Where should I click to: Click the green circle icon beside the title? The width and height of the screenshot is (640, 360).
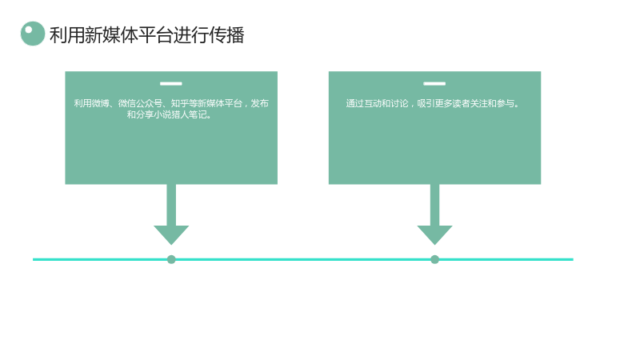(33, 34)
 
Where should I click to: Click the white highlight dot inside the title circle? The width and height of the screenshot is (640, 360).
(29, 30)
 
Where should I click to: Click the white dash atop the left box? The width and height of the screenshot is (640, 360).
(171, 84)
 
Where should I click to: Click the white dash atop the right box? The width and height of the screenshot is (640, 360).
(434, 84)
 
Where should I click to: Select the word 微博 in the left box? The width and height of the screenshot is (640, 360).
(101, 103)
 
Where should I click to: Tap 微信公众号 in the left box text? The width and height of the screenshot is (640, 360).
(140, 103)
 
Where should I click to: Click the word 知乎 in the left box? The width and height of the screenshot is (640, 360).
(179, 103)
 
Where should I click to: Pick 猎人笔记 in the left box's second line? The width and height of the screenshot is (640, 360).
(189, 114)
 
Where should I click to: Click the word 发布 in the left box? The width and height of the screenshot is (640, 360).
(259, 103)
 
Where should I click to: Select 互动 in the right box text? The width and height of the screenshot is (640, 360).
(373, 103)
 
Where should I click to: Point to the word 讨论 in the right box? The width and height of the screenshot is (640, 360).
(399, 103)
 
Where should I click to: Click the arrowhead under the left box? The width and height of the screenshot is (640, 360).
(171, 234)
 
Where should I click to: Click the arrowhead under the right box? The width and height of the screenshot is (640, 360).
(434, 234)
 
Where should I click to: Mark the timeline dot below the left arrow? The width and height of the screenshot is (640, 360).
(171, 259)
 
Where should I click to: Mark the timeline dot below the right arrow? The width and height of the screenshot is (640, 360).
(434, 259)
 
